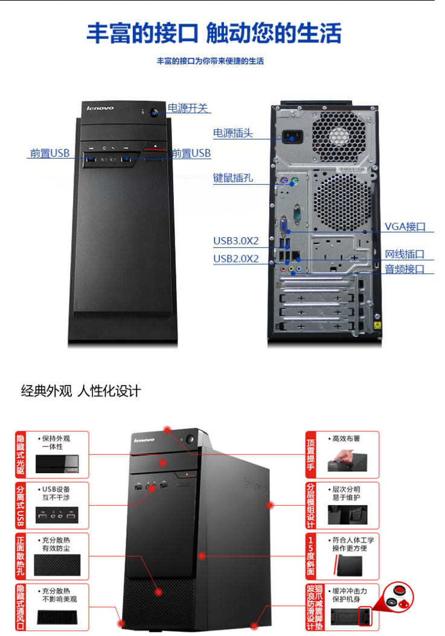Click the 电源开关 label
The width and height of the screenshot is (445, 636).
tap(188, 109)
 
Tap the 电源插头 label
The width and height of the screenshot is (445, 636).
tap(233, 133)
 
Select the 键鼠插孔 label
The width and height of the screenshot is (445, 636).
tap(233, 178)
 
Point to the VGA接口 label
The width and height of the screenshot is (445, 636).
tap(405, 227)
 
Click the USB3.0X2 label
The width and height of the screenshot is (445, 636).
tap(235, 241)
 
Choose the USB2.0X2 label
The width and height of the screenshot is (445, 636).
tap(235, 259)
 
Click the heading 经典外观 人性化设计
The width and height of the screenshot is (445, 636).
tap(81, 391)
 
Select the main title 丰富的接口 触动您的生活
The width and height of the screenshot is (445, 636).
tap(214, 33)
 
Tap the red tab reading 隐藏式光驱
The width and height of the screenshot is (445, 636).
tap(22, 453)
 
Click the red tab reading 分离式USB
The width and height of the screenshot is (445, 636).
tap(22, 503)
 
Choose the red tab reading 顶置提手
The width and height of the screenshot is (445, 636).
tap(312, 453)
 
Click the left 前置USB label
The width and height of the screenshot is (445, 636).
tap(50, 153)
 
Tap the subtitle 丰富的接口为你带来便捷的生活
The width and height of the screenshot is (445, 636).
tap(210, 61)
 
